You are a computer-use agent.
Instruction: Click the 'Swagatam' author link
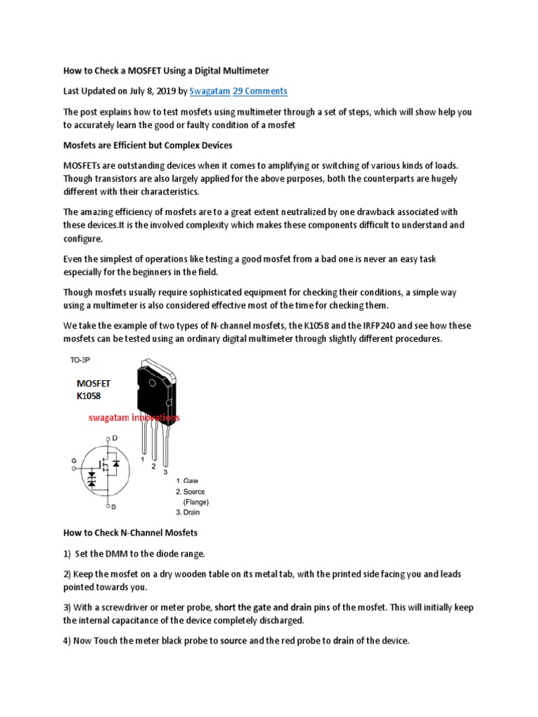(209, 91)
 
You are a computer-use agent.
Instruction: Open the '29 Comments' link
(260, 91)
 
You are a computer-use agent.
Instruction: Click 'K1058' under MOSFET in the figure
(90, 396)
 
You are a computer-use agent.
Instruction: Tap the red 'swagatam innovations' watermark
(134, 417)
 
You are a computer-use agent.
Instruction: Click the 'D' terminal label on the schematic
(115, 438)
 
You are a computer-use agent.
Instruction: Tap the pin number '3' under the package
(165, 472)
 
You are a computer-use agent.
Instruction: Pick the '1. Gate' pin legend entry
(187, 481)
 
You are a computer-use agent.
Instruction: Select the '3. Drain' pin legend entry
(188, 512)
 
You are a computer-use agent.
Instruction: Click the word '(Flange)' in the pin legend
(196, 501)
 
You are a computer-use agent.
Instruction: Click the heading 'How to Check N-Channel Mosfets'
(130, 533)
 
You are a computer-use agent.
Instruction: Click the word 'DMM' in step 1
(116, 554)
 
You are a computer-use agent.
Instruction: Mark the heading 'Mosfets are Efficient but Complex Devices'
(149, 146)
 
